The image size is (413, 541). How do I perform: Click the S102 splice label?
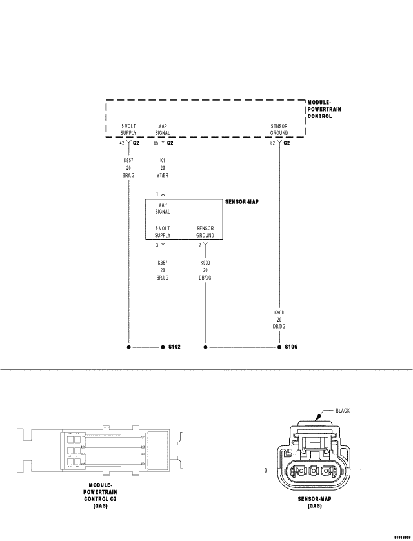[174, 347]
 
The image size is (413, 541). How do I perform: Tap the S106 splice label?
[291, 347]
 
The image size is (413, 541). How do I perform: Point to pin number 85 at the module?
[156, 143]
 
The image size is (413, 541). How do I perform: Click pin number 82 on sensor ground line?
[272, 143]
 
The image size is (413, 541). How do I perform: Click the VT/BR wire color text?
[163, 176]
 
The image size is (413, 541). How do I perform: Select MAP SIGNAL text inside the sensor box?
[163, 208]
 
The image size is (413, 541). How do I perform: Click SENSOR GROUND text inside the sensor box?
[205, 232]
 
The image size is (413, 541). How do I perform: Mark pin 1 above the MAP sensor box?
[157, 193]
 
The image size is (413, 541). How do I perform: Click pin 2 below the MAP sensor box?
[200, 246]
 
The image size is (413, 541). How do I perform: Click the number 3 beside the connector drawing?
[266, 471]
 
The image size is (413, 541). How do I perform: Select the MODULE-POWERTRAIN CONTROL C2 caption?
[101, 496]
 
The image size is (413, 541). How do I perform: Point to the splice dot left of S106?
[206, 347]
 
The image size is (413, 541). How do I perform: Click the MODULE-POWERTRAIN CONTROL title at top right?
[324, 109]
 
